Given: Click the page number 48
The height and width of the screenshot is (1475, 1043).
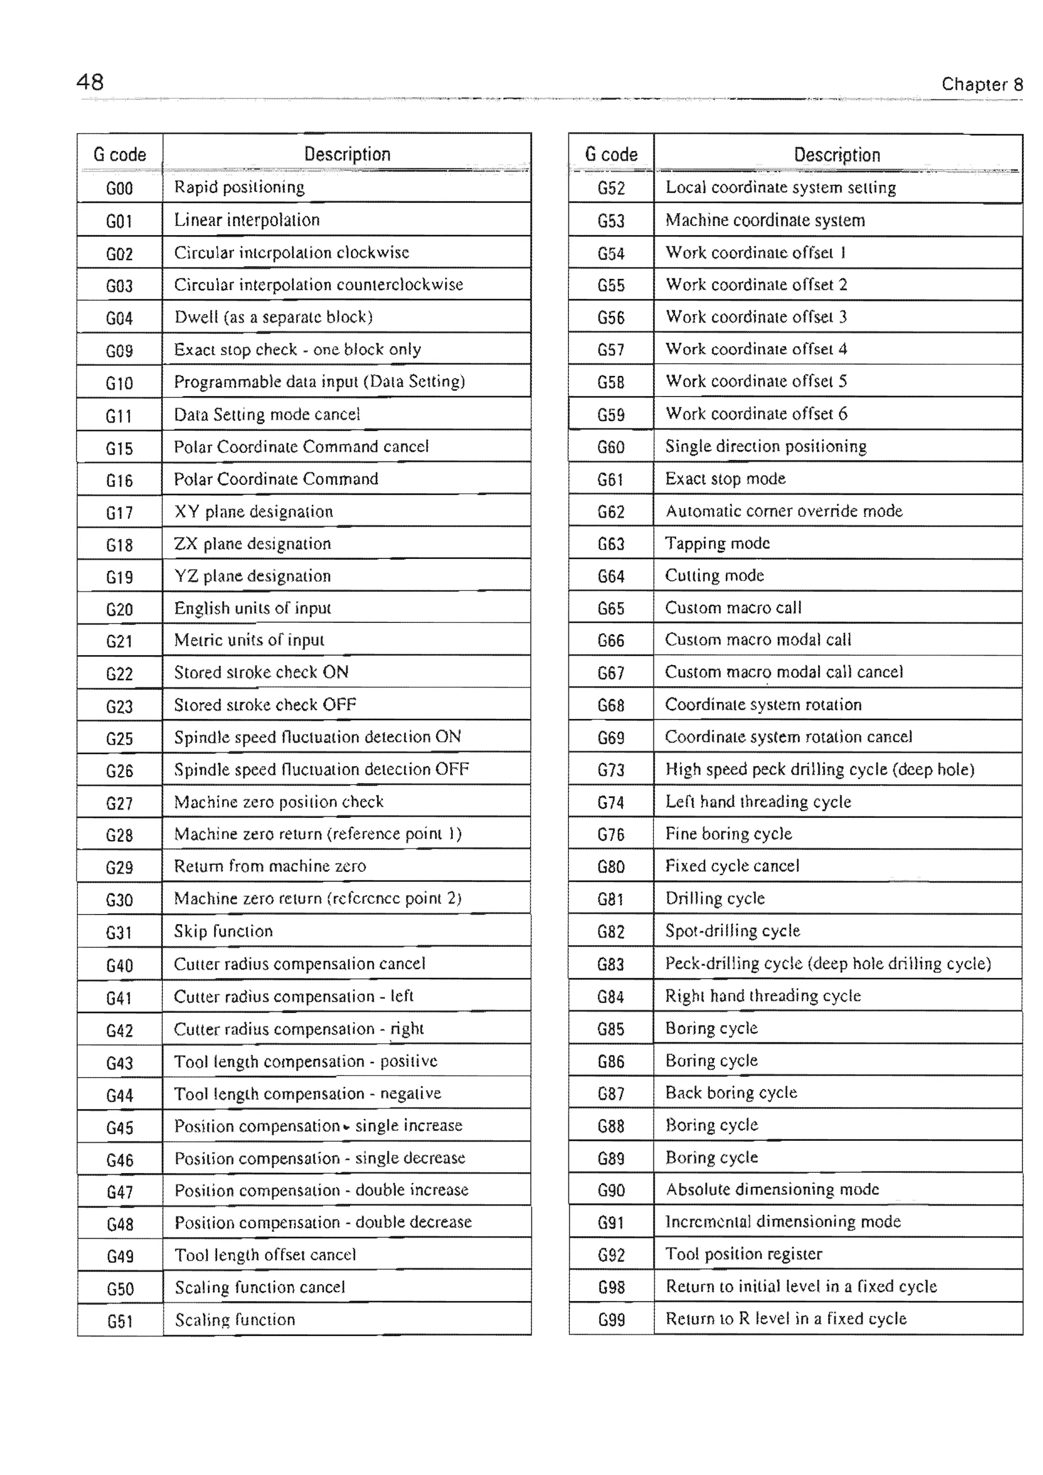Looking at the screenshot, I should (x=90, y=82).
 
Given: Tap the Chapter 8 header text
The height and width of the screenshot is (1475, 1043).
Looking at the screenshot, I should (x=981, y=84).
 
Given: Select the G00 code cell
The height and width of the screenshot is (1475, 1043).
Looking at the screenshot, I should (x=120, y=188).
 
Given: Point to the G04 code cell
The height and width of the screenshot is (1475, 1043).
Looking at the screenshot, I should (x=120, y=318).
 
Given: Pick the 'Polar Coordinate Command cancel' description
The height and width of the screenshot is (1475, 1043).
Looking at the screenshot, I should (x=301, y=446).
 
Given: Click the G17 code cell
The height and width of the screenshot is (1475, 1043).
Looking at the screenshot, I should (x=120, y=513).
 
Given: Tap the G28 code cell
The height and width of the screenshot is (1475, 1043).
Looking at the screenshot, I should (x=120, y=835).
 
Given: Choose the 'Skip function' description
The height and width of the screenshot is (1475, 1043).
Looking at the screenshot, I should (x=223, y=931).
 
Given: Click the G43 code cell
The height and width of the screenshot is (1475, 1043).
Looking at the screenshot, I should (x=120, y=1063).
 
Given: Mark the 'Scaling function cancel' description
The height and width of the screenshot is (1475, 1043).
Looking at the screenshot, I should (x=260, y=1287).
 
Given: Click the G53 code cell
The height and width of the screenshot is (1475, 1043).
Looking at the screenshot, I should (x=611, y=221).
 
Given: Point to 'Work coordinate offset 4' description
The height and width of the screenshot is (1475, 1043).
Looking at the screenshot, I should (x=756, y=349).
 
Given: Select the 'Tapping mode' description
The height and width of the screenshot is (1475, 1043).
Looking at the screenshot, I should (x=717, y=544).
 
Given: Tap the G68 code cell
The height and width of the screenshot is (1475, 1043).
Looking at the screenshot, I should (x=611, y=705).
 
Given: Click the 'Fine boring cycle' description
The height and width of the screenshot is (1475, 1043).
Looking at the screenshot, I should (x=729, y=834).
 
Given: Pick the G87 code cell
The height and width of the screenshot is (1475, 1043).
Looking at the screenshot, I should (x=611, y=1093).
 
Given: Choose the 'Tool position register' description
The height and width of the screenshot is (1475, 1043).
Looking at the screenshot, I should (x=744, y=1254).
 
